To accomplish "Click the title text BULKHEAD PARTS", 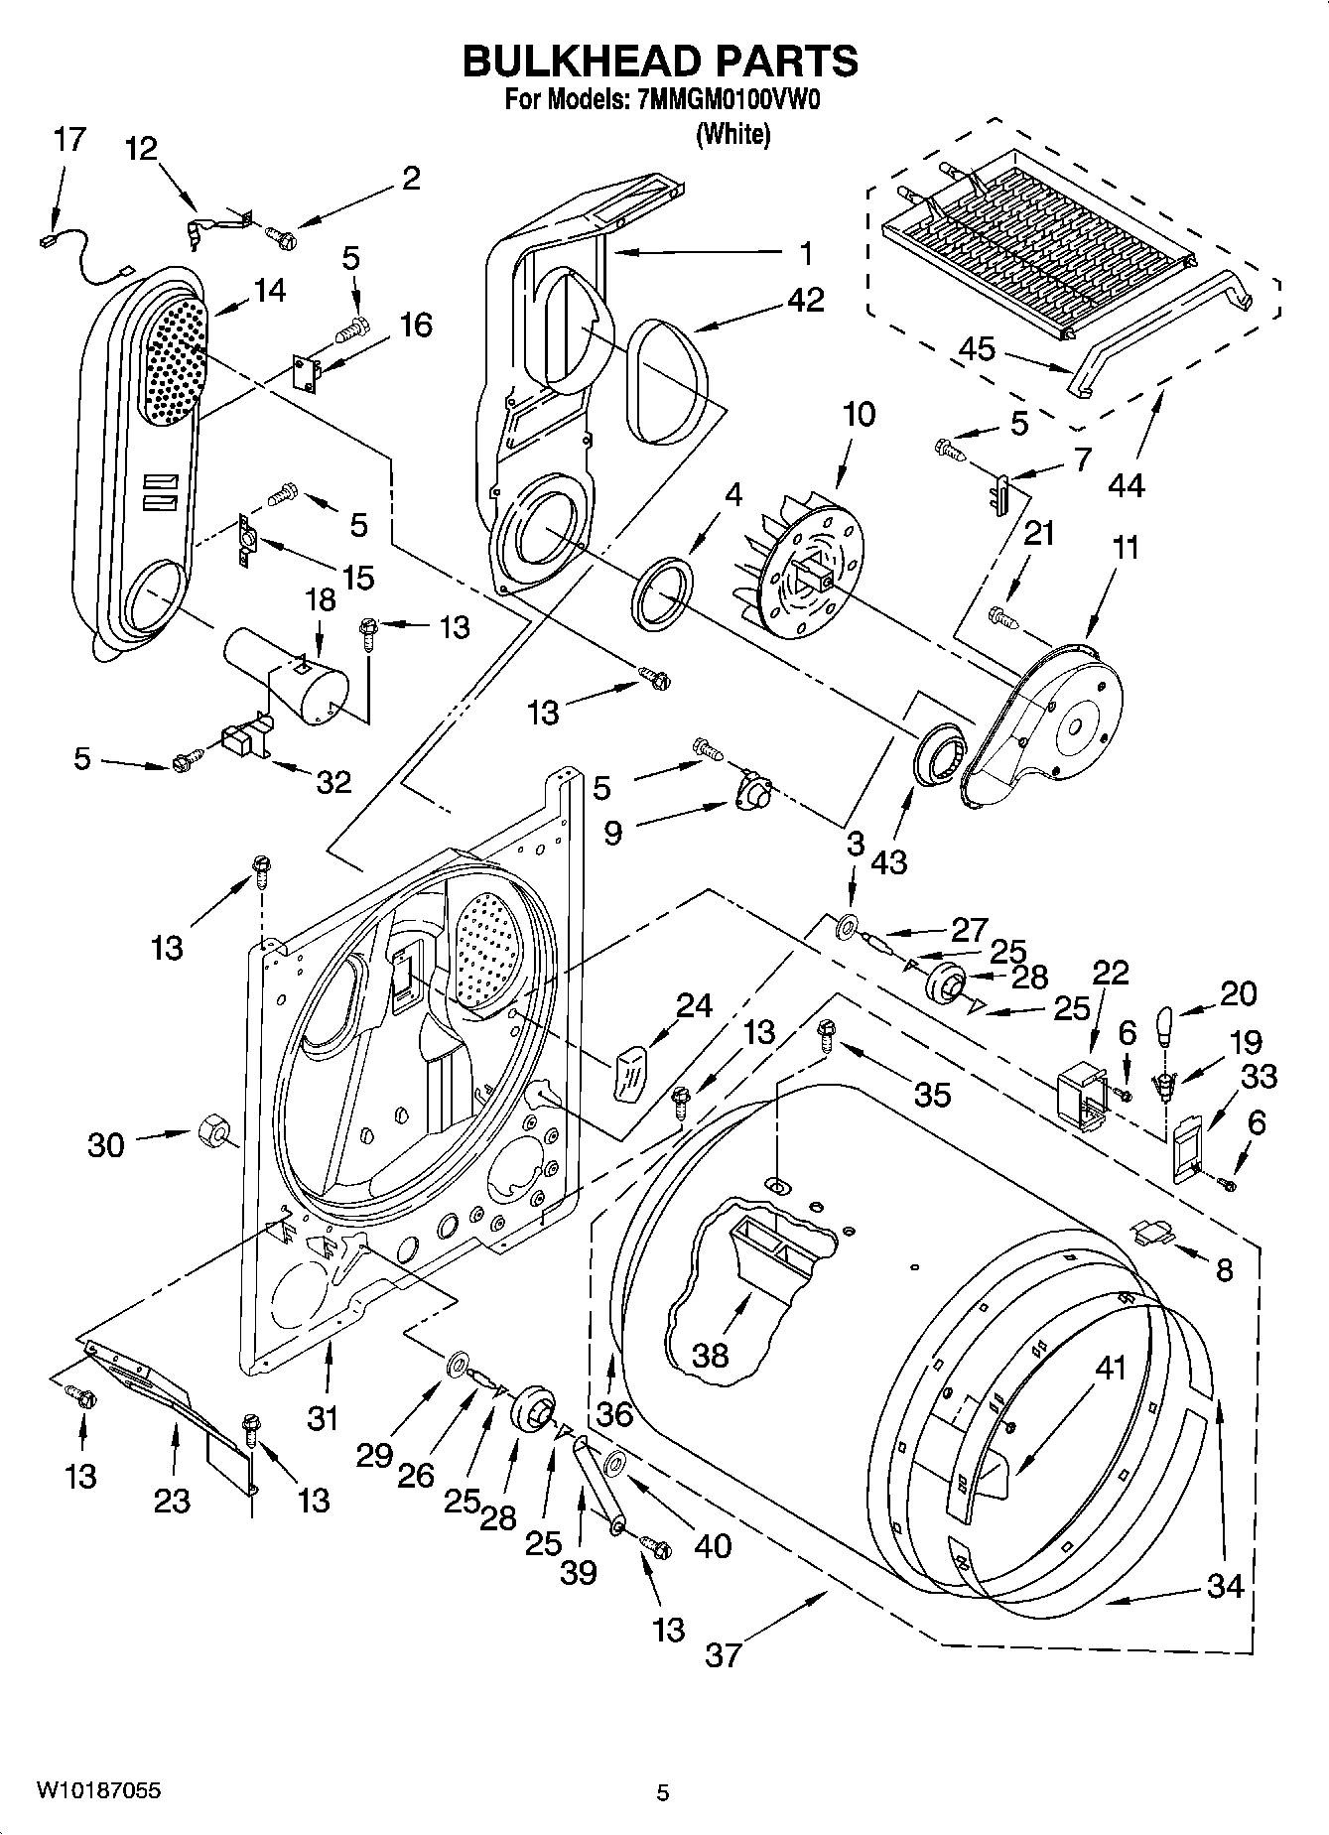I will (660, 61).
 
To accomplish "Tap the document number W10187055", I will (98, 1790).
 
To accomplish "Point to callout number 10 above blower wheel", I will (859, 414).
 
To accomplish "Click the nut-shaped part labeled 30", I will (211, 1131).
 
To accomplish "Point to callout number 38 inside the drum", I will (711, 1355).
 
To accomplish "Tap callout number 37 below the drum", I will (723, 1654).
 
